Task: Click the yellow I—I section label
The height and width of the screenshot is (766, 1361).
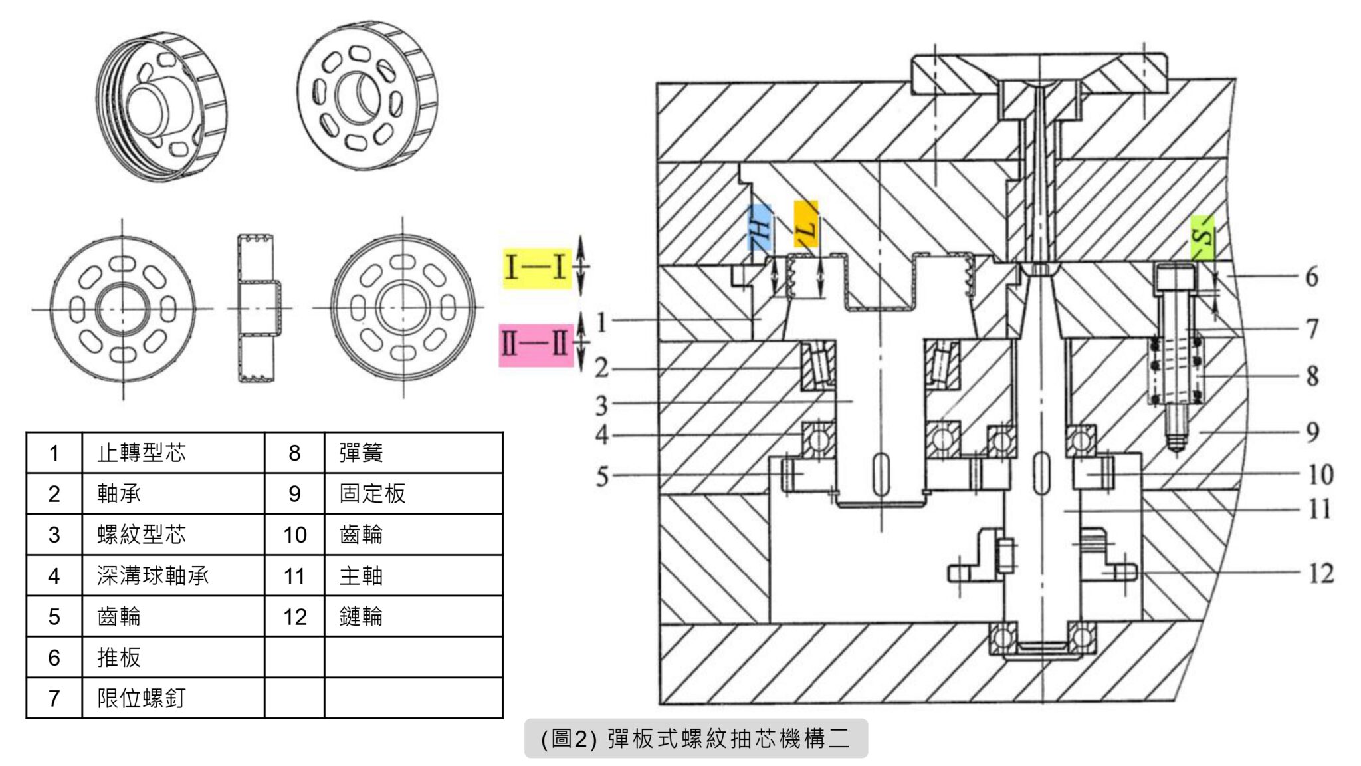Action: pos(536,267)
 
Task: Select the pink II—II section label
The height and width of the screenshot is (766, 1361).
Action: pos(536,345)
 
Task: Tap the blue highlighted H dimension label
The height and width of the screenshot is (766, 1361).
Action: pos(760,227)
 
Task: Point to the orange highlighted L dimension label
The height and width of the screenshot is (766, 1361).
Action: pos(805,225)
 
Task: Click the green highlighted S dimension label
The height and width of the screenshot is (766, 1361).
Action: pos(1202,237)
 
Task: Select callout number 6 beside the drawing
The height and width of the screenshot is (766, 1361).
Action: pos(1312,277)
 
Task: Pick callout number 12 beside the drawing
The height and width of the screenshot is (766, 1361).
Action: pos(1321,573)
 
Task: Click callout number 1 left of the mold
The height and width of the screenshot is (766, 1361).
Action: pos(601,322)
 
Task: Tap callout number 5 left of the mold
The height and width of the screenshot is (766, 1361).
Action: pos(602,476)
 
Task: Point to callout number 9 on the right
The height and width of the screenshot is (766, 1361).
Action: pos(1312,432)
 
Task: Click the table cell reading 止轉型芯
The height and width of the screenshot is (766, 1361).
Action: pos(142,453)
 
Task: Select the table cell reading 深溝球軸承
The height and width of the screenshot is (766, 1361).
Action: pos(153,576)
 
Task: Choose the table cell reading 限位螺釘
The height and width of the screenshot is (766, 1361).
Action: pos(142,698)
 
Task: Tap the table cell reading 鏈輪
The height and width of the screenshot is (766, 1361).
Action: pos(361,616)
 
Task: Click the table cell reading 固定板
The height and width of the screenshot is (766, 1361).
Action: pos(372,493)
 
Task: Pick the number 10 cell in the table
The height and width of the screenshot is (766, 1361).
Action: pos(294,535)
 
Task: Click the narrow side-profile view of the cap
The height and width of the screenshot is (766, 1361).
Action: pos(256,308)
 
